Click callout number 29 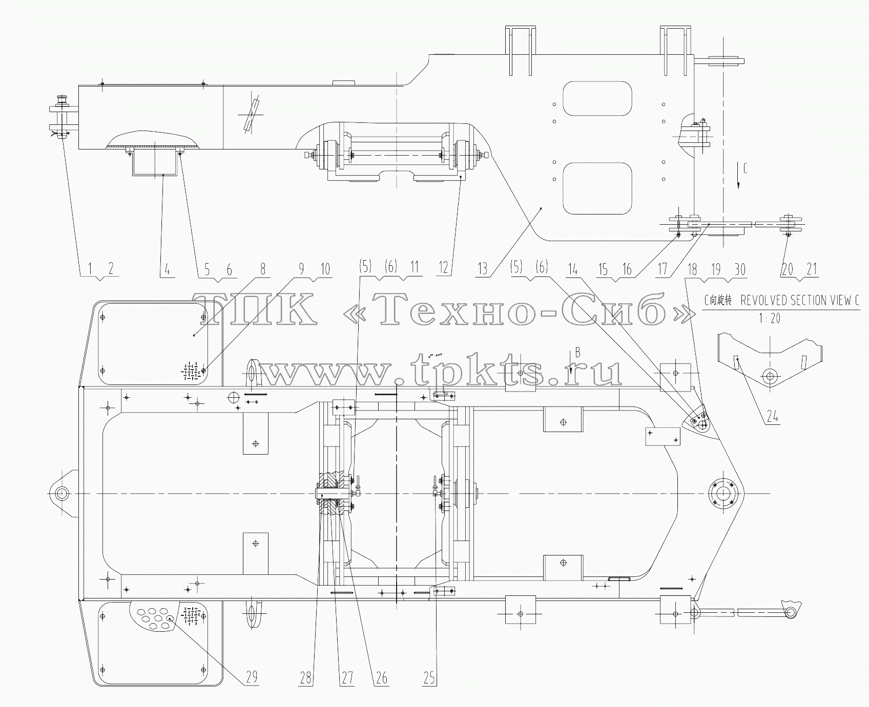click(252, 677)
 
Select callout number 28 click(306, 677)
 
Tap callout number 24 click(773, 417)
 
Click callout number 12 click(444, 268)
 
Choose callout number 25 click(429, 677)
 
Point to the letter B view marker click(577, 352)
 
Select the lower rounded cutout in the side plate click(597, 188)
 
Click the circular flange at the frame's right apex click(722, 494)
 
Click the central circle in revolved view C click(769, 376)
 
